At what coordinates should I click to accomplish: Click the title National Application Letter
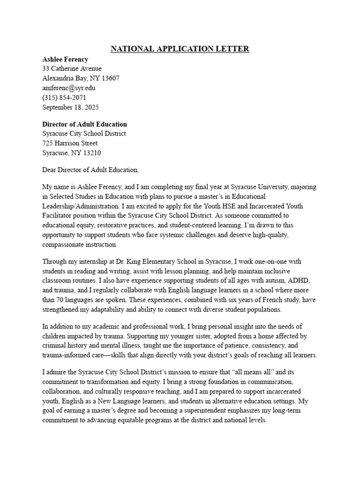point(180,49)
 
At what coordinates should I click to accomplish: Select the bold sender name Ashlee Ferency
point(65,59)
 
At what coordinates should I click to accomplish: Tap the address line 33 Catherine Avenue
point(72,69)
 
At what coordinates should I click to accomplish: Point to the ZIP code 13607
point(110,78)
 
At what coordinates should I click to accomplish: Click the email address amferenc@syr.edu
point(69,88)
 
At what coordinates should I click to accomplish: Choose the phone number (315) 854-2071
point(64,97)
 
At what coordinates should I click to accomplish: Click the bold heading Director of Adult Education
point(84,124)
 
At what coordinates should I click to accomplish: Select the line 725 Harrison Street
point(70,143)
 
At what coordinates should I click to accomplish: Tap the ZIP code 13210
point(91,153)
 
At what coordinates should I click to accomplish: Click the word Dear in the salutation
point(50,170)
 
